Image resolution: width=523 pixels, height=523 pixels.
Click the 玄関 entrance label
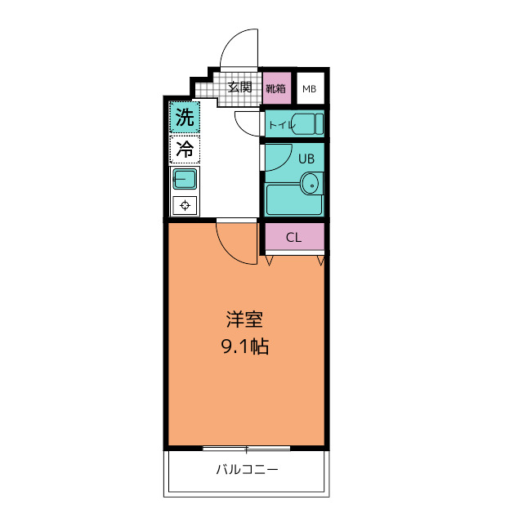tap(239, 87)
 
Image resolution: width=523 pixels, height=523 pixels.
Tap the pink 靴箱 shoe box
tap(276, 87)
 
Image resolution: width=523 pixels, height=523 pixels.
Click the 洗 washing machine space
tap(185, 118)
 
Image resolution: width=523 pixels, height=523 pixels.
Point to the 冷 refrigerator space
tap(185, 149)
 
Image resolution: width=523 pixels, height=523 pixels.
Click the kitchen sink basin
tap(184, 178)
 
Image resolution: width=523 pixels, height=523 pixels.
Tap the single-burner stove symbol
tap(185, 205)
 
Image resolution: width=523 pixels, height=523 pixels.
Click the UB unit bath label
tap(306, 158)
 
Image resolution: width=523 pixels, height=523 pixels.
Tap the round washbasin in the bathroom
tap(310, 184)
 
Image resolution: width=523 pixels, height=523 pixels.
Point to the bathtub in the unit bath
tap(294, 201)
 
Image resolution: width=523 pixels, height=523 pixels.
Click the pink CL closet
tap(294, 238)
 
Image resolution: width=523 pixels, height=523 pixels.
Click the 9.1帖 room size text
tap(244, 346)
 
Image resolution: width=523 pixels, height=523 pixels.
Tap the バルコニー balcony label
tap(247, 470)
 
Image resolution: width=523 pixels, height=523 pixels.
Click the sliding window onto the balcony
tap(246, 449)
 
